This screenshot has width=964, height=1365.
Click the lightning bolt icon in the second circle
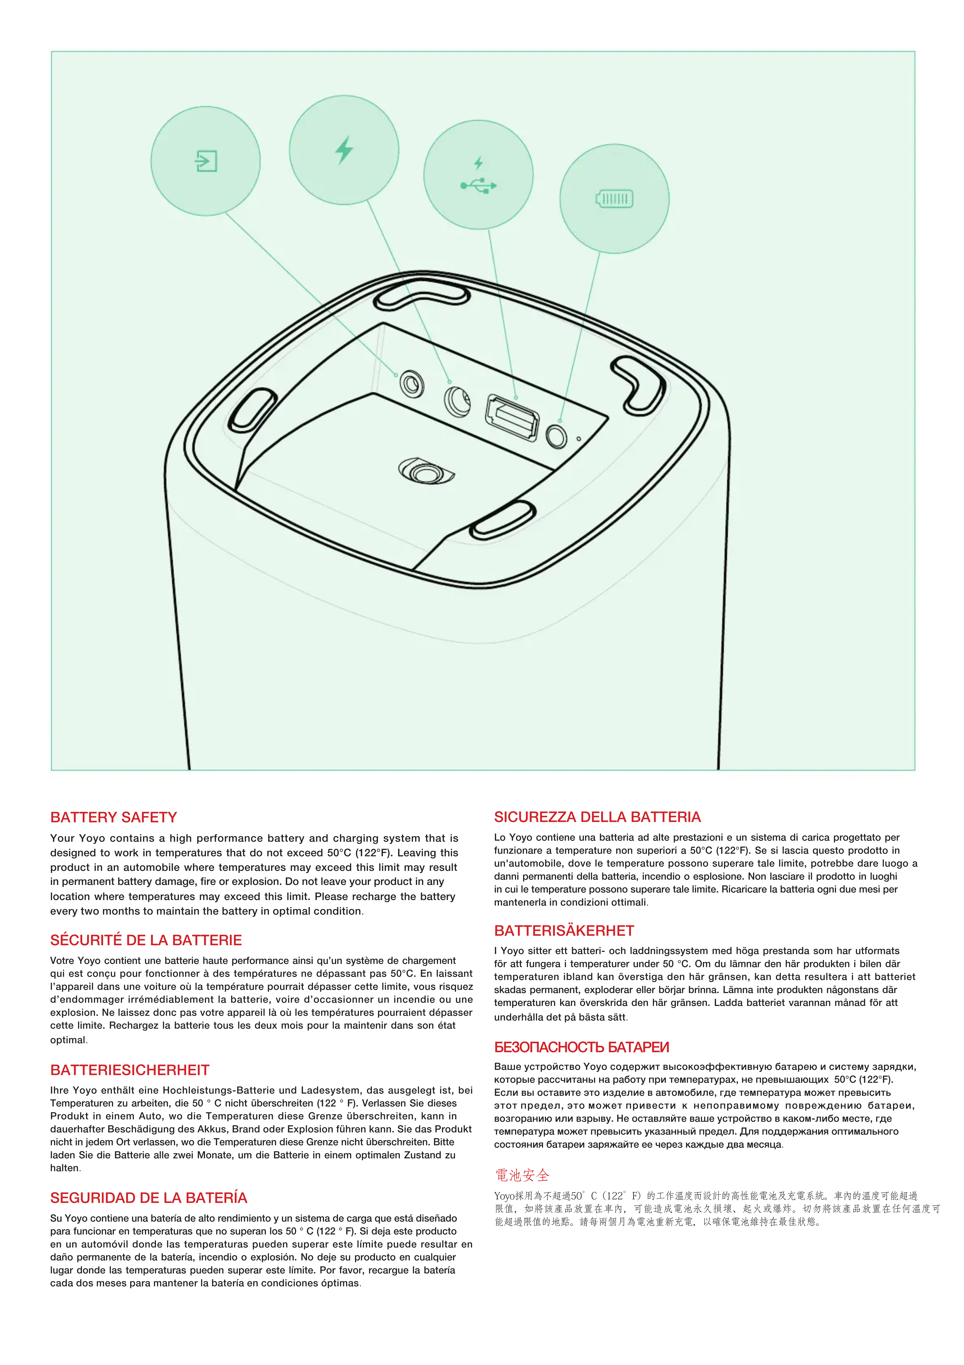[344, 150]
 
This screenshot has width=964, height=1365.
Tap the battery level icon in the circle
[615, 199]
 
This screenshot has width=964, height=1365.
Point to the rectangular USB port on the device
[512, 417]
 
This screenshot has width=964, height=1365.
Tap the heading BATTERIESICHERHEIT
[129, 1070]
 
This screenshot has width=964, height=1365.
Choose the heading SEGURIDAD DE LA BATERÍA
[149, 1197]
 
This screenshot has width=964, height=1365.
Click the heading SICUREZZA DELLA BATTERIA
[597, 817]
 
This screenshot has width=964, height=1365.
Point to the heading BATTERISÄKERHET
[564, 930]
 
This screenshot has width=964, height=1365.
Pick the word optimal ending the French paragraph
[68, 1040]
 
